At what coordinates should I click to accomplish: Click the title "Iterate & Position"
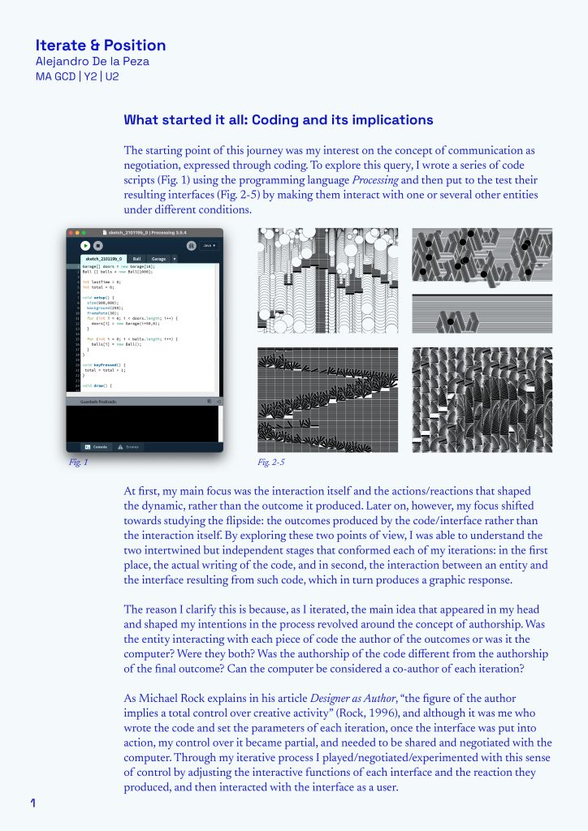click(x=101, y=45)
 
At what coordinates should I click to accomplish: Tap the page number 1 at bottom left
click(x=33, y=803)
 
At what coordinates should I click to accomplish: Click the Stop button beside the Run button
click(x=98, y=245)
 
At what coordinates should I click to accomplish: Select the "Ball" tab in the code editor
click(x=136, y=259)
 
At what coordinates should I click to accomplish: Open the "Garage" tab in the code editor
click(x=158, y=259)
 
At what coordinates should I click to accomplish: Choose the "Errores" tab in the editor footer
click(x=132, y=446)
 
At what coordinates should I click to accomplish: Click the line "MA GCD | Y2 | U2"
click(x=77, y=77)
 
